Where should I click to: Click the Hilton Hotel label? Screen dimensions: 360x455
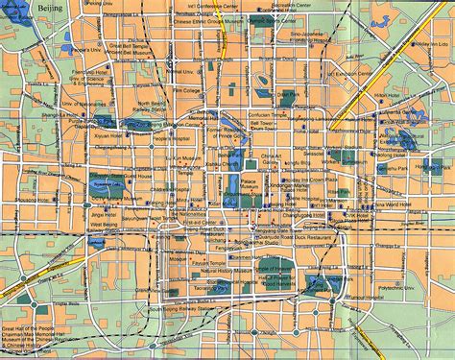point(386,96)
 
